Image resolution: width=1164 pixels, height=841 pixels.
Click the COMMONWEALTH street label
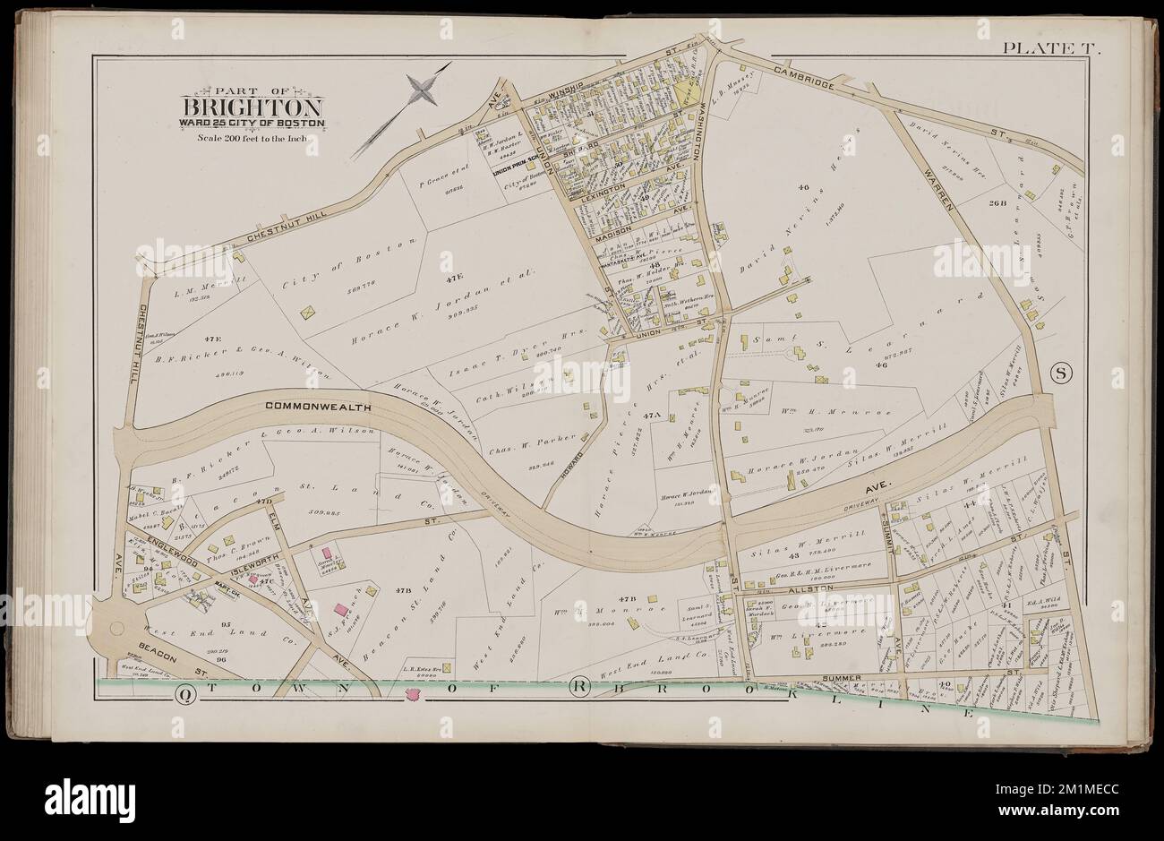coord(306,407)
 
